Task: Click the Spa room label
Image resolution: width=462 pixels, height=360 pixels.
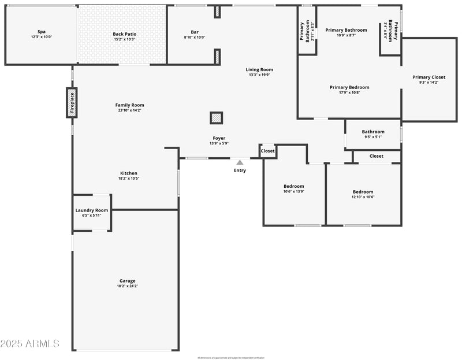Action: click(41, 32)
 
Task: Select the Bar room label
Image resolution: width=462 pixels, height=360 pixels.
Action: click(195, 32)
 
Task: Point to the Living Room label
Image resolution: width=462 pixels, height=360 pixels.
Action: click(259, 69)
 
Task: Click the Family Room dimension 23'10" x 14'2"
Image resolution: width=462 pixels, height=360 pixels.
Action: click(129, 110)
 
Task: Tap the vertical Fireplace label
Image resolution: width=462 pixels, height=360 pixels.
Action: click(72, 103)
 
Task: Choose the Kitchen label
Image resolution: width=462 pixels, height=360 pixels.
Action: click(129, 173)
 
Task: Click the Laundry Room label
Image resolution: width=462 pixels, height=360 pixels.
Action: click(92, 210)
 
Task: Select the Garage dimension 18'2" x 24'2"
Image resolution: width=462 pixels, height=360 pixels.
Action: click(128, 286)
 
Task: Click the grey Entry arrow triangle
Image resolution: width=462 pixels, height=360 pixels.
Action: click(240, 162)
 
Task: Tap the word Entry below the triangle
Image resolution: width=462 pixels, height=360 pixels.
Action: click(240, 170)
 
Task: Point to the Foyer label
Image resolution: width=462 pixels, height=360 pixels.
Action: click(219, 138)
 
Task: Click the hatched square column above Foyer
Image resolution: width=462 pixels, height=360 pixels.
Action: click(216, 118)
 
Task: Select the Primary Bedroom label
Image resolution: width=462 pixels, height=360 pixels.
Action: click(349, 87)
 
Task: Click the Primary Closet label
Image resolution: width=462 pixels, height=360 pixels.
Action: click(429, 77)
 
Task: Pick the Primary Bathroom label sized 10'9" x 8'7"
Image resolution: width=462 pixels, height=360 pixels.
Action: click(346, 30)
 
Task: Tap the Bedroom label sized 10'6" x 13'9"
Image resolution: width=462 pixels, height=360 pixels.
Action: click(293, 186)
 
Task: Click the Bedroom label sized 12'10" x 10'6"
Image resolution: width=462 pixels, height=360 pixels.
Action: click(363, 192)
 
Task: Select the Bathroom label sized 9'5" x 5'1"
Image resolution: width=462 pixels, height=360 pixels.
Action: click(373, 132)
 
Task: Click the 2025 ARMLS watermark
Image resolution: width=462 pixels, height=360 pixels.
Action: click(30, 344)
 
